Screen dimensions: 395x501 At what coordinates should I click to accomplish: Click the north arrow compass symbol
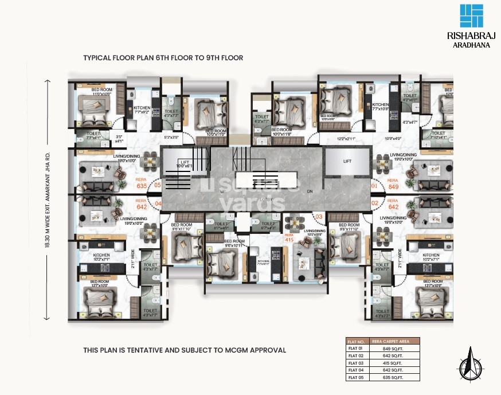469,364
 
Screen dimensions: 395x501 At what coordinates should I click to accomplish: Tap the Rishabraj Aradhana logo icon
471,16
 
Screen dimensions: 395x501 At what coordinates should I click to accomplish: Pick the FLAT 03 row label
356,363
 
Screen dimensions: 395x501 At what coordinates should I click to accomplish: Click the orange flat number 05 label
157,185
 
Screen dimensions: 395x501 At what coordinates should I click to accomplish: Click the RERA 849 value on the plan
393,183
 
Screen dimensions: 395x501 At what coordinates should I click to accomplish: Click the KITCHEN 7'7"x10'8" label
381,107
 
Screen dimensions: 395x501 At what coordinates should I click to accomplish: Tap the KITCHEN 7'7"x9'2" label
142,110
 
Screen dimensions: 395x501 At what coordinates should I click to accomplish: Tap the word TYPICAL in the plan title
98,58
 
